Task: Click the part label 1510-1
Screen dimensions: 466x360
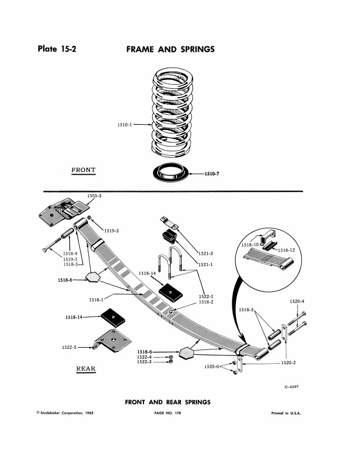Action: click(126, 124)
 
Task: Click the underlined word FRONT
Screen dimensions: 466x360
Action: click(83, 170)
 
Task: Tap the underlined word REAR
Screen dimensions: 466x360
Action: click(85, 370)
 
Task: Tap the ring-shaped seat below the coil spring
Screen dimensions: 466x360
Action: click(172, 174)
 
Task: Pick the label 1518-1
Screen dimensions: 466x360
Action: click(96, 299)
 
